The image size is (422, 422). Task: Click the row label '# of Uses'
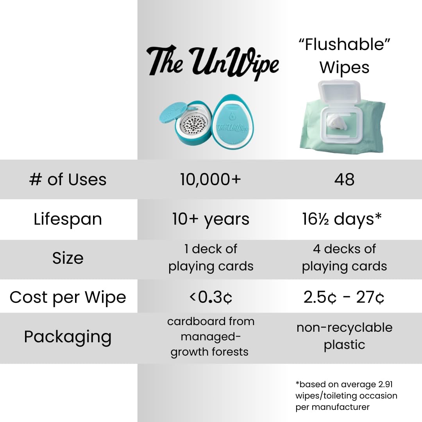click(68, 180)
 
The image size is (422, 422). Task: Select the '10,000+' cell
click(211, 180)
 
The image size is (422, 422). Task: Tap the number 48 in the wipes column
click(344, 180)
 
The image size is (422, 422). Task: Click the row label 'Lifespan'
click(68, 219)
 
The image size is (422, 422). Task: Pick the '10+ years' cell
click(211, 219)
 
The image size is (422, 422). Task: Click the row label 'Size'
click(68, 258)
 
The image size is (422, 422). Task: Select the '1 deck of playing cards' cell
click(211, 257)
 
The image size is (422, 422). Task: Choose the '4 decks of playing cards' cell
click(344, 257)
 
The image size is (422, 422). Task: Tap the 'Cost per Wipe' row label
click(68, 297)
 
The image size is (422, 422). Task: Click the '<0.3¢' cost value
click(211, 298)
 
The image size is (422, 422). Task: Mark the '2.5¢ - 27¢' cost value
click(344, 298)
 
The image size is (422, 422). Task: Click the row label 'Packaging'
click(68, 337)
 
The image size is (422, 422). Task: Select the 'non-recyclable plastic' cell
click(344, 336)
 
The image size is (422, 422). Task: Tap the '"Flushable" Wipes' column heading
click(344, 55)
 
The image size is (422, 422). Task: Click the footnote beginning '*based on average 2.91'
click(346, 395)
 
